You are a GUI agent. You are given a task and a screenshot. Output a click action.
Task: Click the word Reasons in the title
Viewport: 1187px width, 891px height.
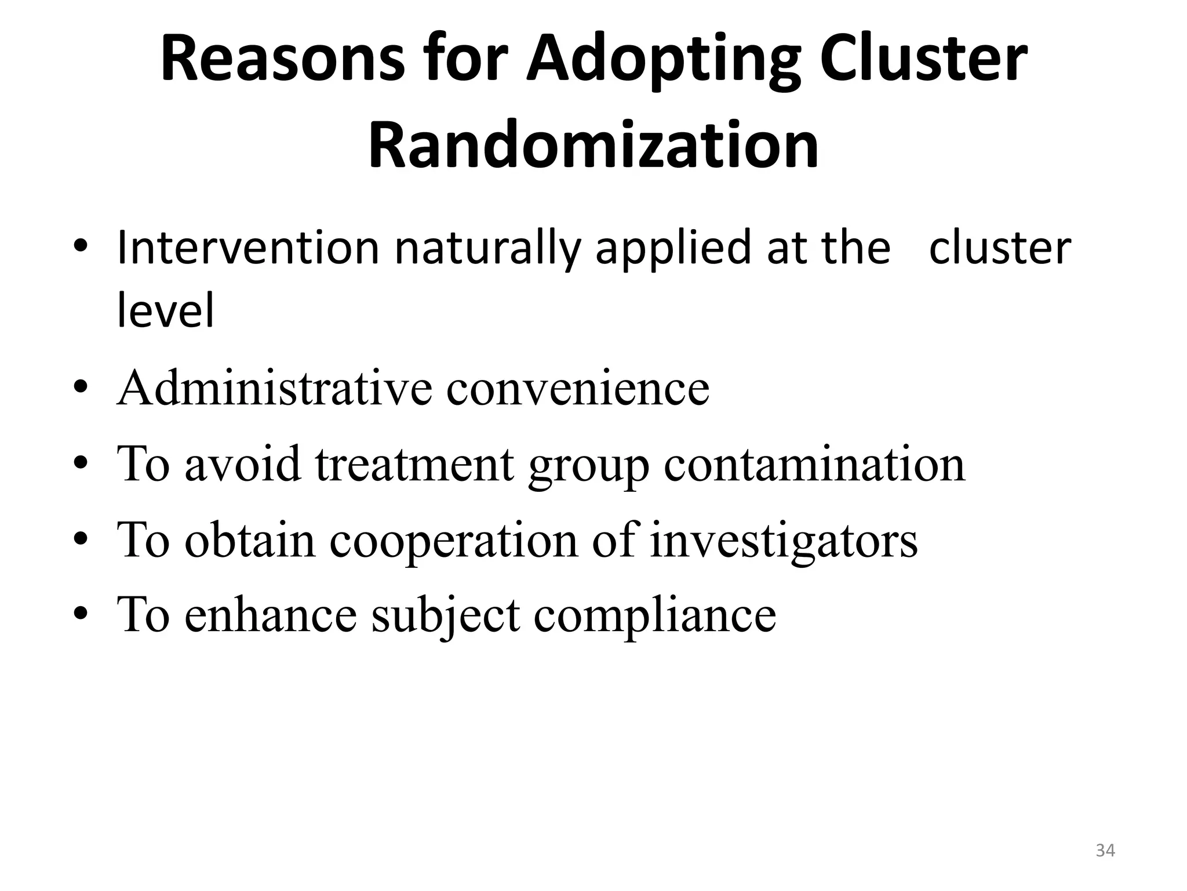282,59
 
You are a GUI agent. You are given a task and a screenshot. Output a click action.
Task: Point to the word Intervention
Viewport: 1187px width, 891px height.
247,248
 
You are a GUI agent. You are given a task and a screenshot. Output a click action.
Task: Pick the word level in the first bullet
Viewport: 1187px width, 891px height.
165,310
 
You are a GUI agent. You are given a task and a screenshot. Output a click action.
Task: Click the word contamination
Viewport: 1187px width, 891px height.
814,463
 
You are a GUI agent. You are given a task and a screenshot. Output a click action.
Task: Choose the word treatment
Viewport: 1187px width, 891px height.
414,463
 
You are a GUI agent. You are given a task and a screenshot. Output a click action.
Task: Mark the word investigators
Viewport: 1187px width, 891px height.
784,541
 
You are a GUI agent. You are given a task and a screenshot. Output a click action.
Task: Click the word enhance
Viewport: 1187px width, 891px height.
270,614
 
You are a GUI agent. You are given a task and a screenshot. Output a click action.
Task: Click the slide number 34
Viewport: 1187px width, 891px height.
1105,850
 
